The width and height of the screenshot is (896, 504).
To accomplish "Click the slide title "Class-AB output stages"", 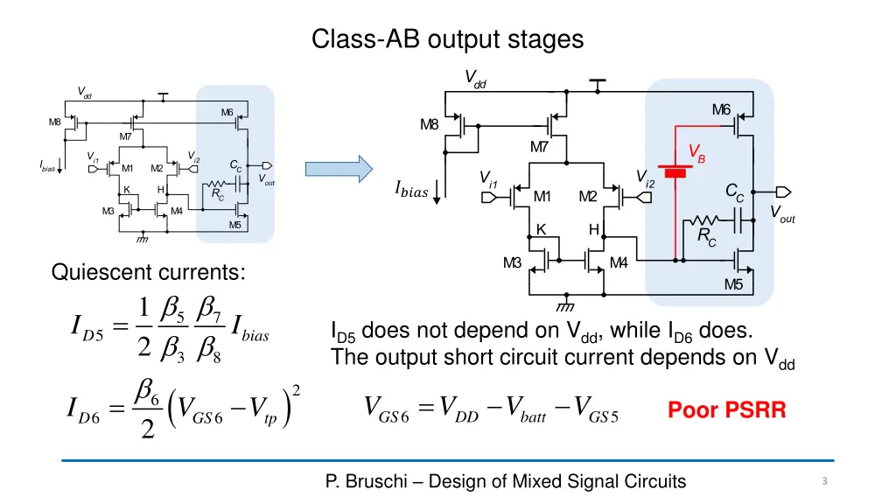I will coord(448,38).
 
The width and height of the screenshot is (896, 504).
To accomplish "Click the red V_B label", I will coord(696,155).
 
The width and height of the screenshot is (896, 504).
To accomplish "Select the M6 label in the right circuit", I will coord(721,109).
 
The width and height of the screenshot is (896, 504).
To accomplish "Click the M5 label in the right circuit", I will coord(732,284).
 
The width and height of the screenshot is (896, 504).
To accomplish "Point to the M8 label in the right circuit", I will coord(429,124).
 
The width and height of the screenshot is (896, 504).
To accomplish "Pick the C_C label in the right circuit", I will coord(735,192).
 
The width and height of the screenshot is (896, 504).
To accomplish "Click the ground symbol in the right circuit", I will coord(564,307).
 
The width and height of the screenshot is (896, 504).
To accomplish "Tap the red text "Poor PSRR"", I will coord(726,409).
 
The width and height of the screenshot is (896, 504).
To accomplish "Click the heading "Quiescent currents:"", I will coord(149,274).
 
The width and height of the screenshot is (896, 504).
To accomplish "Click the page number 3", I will coord(824,481).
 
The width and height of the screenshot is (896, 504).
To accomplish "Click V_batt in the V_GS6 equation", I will coord(528,411).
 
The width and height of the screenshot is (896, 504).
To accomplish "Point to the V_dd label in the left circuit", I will coord(85,92).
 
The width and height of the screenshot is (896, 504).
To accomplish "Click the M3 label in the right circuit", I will coord(513,262).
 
